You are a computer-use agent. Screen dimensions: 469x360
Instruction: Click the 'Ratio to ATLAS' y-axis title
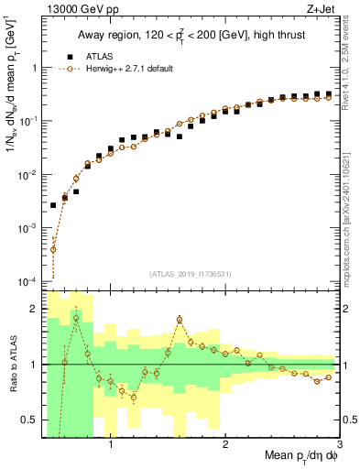click(12, 365)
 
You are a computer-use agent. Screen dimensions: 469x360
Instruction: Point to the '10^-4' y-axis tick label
click(27, 280)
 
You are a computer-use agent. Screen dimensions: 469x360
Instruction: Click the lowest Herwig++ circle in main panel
click(53, 249)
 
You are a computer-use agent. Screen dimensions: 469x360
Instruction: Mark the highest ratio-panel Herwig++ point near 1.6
click(180, 320)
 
